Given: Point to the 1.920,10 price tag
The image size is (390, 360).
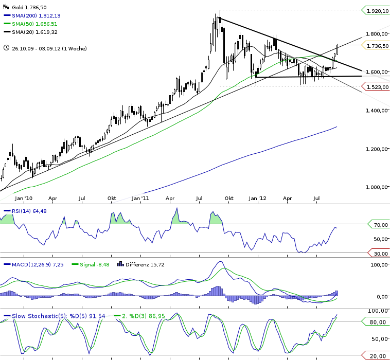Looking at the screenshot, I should point(377,10).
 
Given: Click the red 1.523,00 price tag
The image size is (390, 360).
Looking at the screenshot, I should point(377,88).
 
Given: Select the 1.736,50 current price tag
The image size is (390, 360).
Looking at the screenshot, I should point(377,46).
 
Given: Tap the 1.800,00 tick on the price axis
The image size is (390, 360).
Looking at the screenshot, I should point(377,34).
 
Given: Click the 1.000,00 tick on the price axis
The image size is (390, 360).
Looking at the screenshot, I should point(377,187).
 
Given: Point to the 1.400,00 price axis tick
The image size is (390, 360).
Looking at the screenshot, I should point(377,111).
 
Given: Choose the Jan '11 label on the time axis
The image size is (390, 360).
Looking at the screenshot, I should point(140,197).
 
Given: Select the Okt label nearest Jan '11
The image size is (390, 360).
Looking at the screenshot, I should point(112,197).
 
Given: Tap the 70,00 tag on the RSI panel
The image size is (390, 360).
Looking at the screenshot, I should point(379,225).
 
